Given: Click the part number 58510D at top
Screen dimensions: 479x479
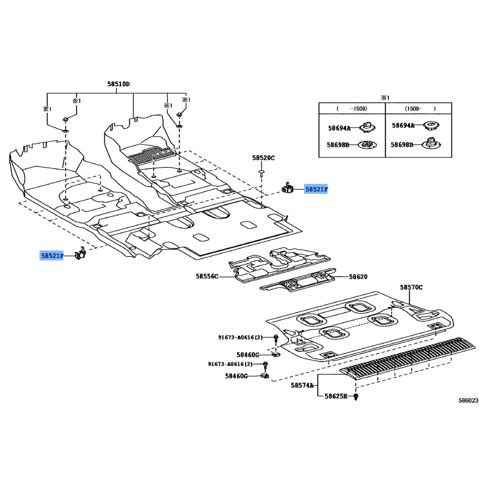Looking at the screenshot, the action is coord(118,84).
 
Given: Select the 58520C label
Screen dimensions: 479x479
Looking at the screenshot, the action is coord(263,157).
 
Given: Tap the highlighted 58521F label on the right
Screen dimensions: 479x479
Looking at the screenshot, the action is coord(316,189).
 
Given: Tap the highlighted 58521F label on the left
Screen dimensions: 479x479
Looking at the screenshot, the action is coord(52,256).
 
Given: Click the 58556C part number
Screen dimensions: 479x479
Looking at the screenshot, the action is coord(207,277).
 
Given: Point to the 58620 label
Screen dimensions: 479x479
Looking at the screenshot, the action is coord(358,277).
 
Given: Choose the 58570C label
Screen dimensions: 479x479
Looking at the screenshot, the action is coord(411,287).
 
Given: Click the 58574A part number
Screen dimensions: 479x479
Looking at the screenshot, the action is coord(302,385).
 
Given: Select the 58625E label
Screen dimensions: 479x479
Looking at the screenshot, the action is coord(336,396).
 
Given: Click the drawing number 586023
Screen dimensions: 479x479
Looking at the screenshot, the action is coord(468,401).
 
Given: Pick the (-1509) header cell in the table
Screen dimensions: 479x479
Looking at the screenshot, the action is coord(352,108).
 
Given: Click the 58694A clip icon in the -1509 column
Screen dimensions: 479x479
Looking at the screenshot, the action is coord(367,127).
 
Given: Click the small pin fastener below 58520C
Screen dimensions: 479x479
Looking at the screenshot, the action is coord(262,174).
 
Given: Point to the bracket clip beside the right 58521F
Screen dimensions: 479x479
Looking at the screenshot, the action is coord(287,187).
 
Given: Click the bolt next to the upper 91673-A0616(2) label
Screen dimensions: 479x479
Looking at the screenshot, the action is coord(276,338).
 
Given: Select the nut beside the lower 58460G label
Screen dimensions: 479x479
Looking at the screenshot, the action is coord(265,375).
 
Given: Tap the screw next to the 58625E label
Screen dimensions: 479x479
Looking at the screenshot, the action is coord(356,397).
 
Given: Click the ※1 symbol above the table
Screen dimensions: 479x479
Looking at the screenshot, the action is coord(385,98).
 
